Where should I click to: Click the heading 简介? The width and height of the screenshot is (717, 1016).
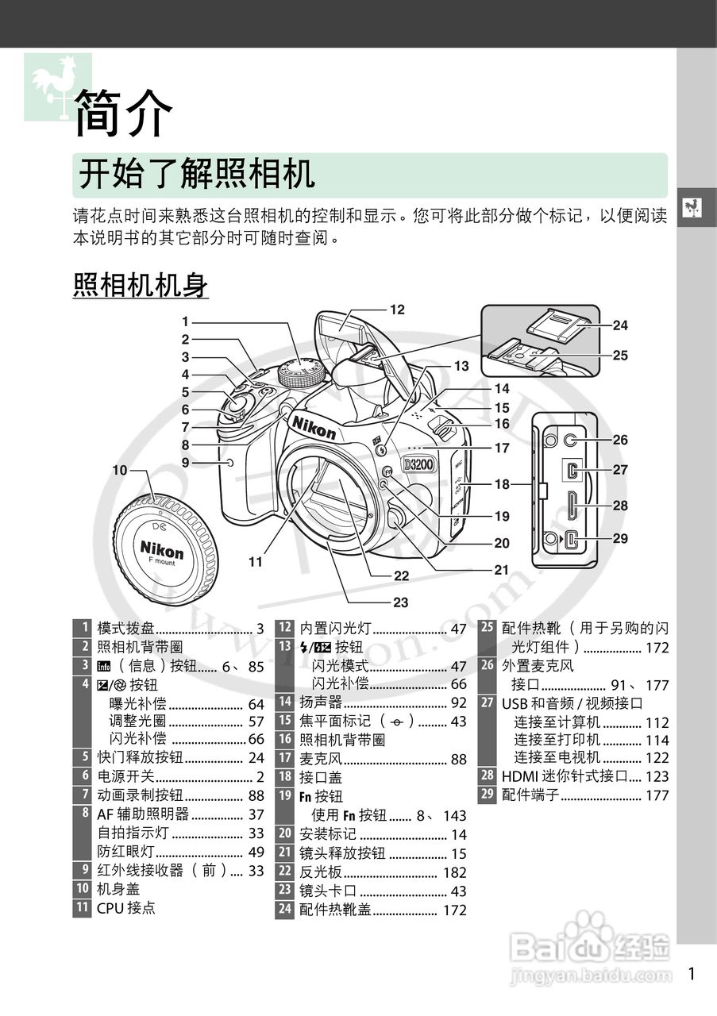123,114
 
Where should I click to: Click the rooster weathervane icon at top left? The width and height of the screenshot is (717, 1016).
57,87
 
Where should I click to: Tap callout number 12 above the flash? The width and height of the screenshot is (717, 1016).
397,310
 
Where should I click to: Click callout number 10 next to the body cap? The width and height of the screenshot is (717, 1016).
120,470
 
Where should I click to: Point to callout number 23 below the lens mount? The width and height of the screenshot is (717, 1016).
401,602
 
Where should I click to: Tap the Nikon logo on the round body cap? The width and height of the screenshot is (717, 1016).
162,548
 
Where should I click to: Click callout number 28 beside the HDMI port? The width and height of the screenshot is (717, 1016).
620,506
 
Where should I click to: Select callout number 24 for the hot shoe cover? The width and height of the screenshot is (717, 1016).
620,325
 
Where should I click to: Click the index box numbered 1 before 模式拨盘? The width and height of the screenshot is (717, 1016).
82,629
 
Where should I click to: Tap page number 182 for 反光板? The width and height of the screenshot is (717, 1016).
453,872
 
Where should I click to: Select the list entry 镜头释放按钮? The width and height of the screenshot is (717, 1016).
342,853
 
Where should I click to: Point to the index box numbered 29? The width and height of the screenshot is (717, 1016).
488,795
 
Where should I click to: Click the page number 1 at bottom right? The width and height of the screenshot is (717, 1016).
692,974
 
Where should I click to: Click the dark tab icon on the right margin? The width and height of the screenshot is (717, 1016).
696,207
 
